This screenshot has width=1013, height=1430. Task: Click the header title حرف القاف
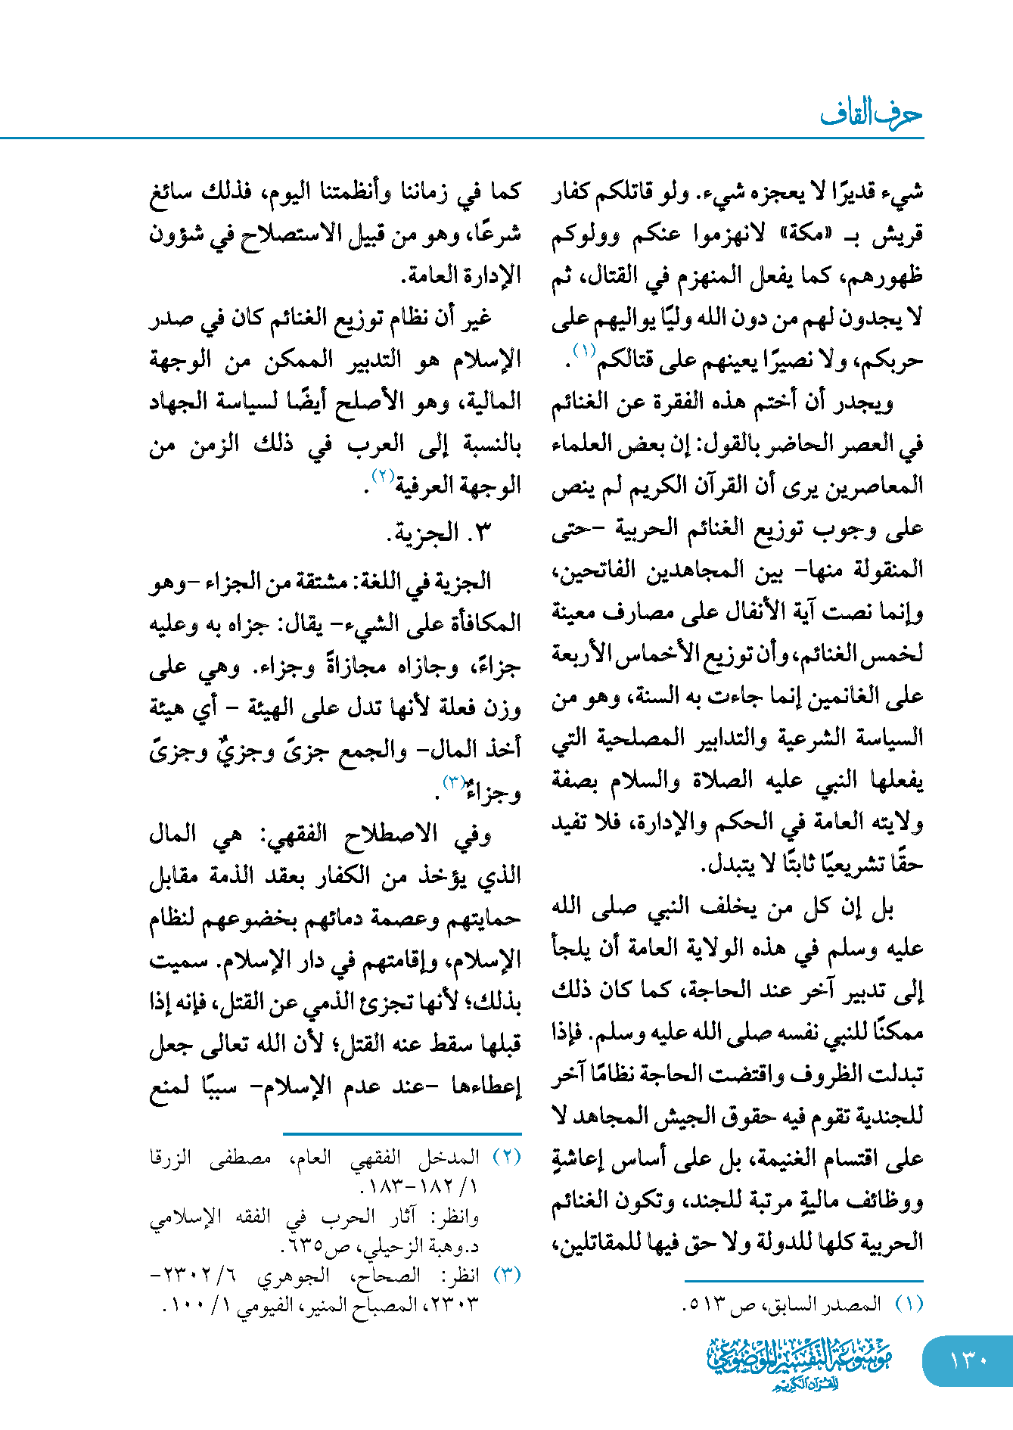click(x=871, y=113)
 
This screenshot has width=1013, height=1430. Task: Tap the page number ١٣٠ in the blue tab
click(x=968, y=1360)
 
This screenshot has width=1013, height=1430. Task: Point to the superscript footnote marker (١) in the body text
click(x=584, y=350)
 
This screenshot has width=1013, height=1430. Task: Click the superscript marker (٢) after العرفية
click(x=382, y=476)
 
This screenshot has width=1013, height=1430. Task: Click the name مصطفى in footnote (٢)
click(x=241, y=1157)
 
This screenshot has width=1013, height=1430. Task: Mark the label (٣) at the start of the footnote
click(x=507, y=1276)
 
